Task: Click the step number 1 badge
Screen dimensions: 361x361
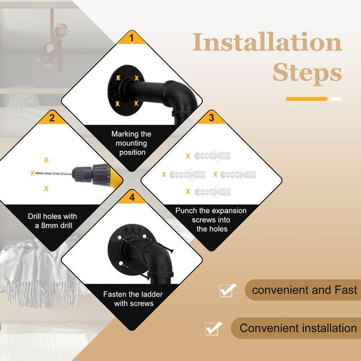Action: click(x=131, y=38)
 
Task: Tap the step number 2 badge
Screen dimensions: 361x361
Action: click(x=52, y=118)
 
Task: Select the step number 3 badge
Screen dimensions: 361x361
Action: click(x=212, y=118)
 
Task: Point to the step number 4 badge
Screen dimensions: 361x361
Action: click(x=132, y=197)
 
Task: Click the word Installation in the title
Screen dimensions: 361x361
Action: click(x=267, y=42)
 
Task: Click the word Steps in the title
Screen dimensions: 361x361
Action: click(x=307, y=72)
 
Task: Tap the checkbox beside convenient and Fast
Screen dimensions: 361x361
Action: click(x=227, y=290)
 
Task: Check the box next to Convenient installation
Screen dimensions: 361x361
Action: click(x=213, y=328)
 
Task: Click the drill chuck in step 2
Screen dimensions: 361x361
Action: click(x=82, y=173)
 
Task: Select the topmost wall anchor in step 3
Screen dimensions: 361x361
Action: click(x=212, y=156)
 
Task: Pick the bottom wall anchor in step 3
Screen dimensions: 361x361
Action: click(x=212, y=191)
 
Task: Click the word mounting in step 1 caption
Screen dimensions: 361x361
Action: click(x=131, y=144)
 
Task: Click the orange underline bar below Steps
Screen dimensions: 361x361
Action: click(x=307, y=99)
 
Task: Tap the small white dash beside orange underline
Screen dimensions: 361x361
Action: click(x=336, y=99)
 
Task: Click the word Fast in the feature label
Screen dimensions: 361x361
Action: click(x=346, y=290)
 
